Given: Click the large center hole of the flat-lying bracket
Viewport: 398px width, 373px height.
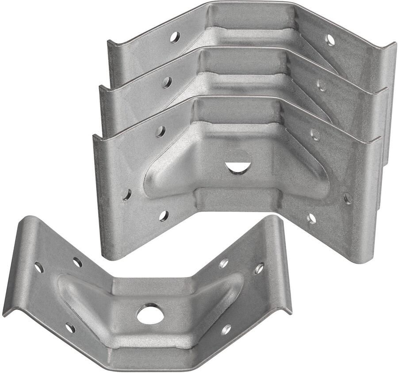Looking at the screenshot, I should (150, 313).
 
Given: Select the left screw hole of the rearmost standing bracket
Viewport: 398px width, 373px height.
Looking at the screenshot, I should (175, 37).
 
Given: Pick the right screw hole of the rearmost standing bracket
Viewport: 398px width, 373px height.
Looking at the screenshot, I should (330, 40).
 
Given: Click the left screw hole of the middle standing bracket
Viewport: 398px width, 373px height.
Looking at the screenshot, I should (167, 82).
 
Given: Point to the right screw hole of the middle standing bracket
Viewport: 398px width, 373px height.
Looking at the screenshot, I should (322, 85).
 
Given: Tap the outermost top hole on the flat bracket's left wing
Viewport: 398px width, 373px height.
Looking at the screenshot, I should (39, 267).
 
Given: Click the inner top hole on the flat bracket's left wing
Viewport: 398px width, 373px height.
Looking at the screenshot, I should (77, 263).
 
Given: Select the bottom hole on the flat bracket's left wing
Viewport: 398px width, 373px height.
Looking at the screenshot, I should (70, 328).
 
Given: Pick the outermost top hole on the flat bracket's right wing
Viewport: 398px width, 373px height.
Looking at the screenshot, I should (260, 268).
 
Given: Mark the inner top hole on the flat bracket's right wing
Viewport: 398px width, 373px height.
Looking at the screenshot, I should (224, 263).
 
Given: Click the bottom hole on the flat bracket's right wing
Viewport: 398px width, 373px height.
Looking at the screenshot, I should (226, 329).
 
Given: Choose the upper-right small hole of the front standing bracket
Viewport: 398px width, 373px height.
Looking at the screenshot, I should (315, 134).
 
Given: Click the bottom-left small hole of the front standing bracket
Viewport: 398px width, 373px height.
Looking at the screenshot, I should (164, 216).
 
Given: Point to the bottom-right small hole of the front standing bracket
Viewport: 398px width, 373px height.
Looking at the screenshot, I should (312, 218).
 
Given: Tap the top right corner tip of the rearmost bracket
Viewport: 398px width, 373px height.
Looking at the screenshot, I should (394, 45).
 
